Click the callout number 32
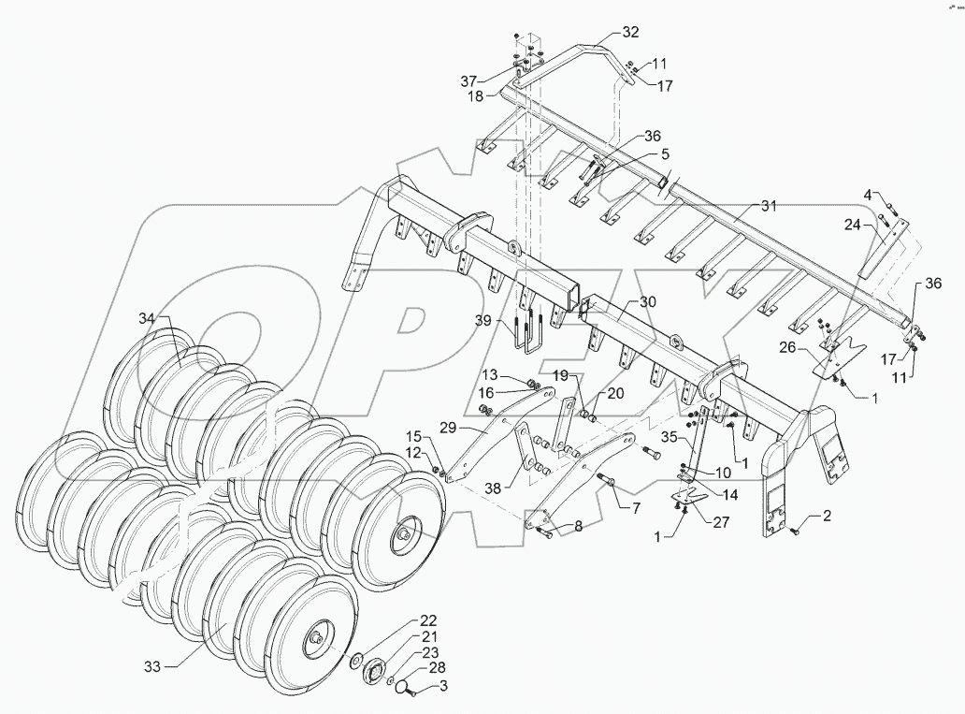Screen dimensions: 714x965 pos(629,32)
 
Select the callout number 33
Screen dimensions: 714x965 pos(152,666)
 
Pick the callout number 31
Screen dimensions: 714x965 pos(769,205)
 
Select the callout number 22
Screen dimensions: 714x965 pos(427,620)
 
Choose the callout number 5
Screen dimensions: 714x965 pos(665,153)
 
